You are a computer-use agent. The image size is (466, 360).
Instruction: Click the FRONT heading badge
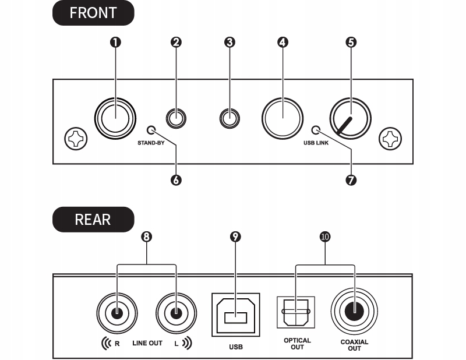point(93,13)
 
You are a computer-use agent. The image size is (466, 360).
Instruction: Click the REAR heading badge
point(93,220)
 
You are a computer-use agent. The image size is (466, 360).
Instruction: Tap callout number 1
point(115,42)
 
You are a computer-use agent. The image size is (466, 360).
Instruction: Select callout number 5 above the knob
point(351,42)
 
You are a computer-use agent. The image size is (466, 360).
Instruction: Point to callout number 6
point(176,180)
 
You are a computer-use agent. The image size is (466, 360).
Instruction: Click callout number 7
point(351,180)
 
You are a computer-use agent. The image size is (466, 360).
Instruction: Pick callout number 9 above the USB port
point(235,237)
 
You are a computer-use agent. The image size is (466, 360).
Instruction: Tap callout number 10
point(325,237)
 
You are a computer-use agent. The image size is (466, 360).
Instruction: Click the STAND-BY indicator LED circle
point(151,130)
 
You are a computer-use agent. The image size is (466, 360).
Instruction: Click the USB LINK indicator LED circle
point(316,130)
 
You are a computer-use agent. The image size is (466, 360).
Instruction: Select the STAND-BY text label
point(151,143)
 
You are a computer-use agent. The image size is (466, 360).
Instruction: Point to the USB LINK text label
point(316,143)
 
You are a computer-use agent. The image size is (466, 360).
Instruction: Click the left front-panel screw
point(76,139)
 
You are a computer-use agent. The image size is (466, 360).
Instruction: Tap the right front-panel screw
point(390,139)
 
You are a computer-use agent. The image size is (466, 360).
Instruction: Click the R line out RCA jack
point(117,313)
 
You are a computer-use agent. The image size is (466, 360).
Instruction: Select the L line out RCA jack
point(176,313)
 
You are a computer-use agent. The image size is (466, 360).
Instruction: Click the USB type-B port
point(236,315)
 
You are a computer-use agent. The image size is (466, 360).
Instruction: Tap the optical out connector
point(296,312)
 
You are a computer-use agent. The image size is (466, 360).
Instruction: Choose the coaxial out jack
point(354,311)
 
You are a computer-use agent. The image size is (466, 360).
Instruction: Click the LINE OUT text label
point(147,343)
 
